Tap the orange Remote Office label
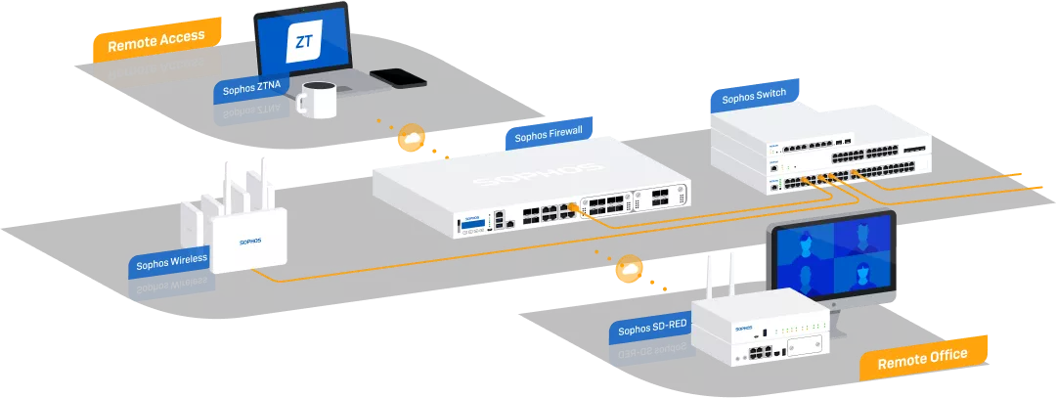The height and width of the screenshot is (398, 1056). [922, 357]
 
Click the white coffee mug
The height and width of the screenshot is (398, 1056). [317, 99]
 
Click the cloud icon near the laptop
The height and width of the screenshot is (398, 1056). [411, 139]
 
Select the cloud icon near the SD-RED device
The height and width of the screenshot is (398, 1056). [629, 268]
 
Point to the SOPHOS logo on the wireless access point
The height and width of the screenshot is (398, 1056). [255, 240]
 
